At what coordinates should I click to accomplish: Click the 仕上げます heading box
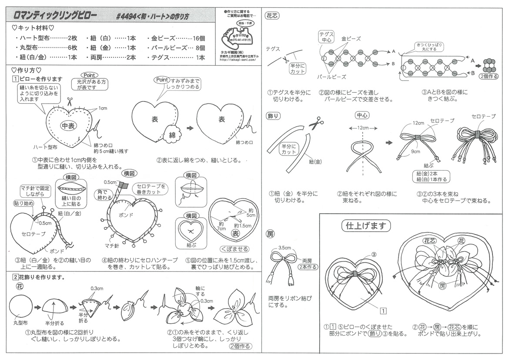pos(365,226)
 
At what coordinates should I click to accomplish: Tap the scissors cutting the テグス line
pos(285,58)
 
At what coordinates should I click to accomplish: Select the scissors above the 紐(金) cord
pos(316,124)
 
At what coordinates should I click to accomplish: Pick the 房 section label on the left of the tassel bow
pos(270,234)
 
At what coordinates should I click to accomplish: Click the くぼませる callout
pos(234,249)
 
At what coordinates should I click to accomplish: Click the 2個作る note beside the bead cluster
pos(489,76)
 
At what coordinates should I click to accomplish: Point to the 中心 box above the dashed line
pos(362,115)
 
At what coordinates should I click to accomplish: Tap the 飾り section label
pos(272,116)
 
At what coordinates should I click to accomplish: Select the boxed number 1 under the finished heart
pos(383,311)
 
